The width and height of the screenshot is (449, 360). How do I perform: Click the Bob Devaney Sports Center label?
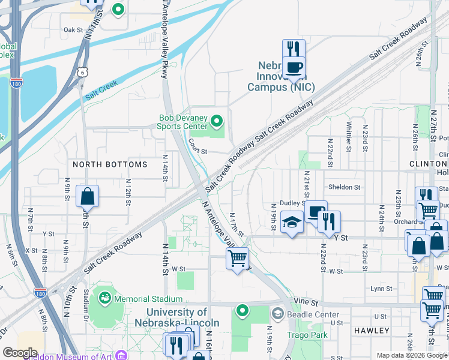tap(182, 122)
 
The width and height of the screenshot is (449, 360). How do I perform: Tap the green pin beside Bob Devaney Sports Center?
tap(217, 123)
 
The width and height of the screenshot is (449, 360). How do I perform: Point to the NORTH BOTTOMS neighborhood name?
tap(110, 164)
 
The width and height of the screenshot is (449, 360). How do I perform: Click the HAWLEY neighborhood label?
tap(372, 331)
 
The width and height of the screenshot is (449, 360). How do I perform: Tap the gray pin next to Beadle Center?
tap(277, 313)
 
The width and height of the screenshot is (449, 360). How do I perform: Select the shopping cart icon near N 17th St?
tap(238, 258)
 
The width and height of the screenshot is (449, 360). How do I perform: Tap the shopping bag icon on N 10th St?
tap(88, 196)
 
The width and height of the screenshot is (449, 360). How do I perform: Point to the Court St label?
tap(197, 146)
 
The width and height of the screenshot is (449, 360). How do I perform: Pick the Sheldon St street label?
tap(344, 187)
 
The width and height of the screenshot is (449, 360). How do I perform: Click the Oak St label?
tap(73, 29)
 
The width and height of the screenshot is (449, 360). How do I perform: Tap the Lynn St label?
tap(381, 289)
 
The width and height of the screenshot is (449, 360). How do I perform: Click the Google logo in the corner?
tap(20, 353)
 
